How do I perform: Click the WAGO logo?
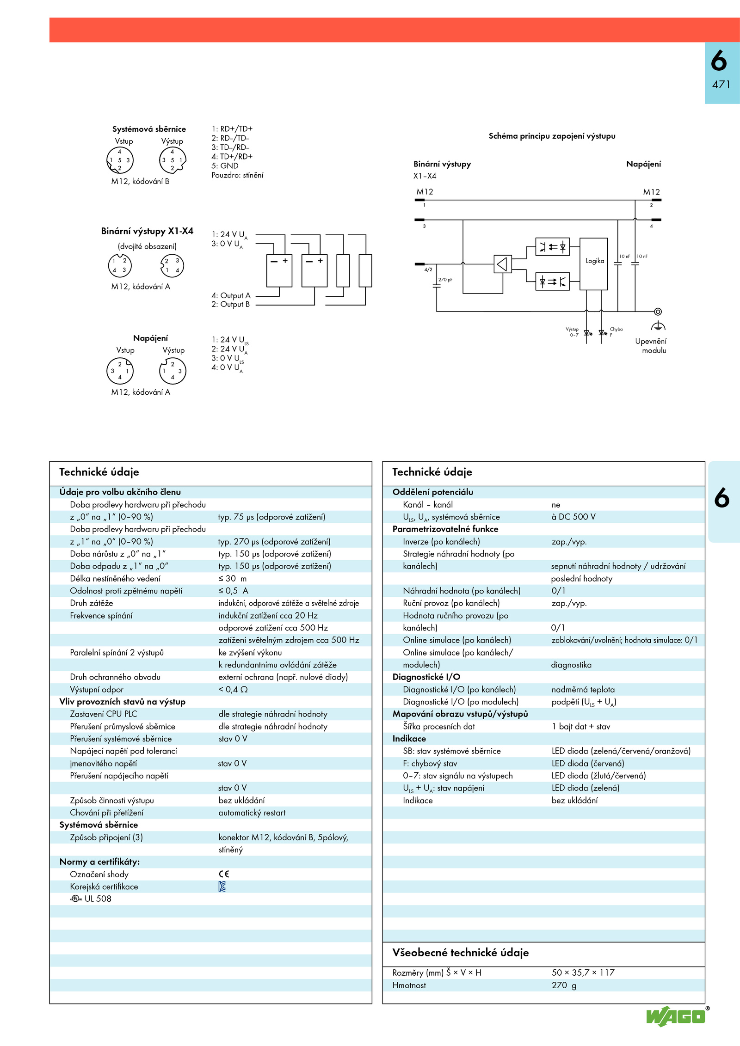point(676,1016)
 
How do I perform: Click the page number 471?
point(721,85)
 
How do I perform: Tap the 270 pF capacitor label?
point(445,280)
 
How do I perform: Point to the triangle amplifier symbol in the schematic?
point(502,264)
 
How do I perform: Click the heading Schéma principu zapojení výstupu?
point(552,136)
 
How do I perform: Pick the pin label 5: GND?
point(225,166)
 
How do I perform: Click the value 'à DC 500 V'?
point(573,517)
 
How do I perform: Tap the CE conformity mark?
point(224,874)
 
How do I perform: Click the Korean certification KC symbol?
point(222,887)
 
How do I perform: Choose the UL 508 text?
point(98,899)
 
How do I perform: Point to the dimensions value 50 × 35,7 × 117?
point(583,973)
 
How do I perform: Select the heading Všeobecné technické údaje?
point(460,953)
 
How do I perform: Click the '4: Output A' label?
point(231,295)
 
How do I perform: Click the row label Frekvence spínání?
point(101,615)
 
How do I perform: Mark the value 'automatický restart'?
point(252,813)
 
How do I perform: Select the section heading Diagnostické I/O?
point(426,677)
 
